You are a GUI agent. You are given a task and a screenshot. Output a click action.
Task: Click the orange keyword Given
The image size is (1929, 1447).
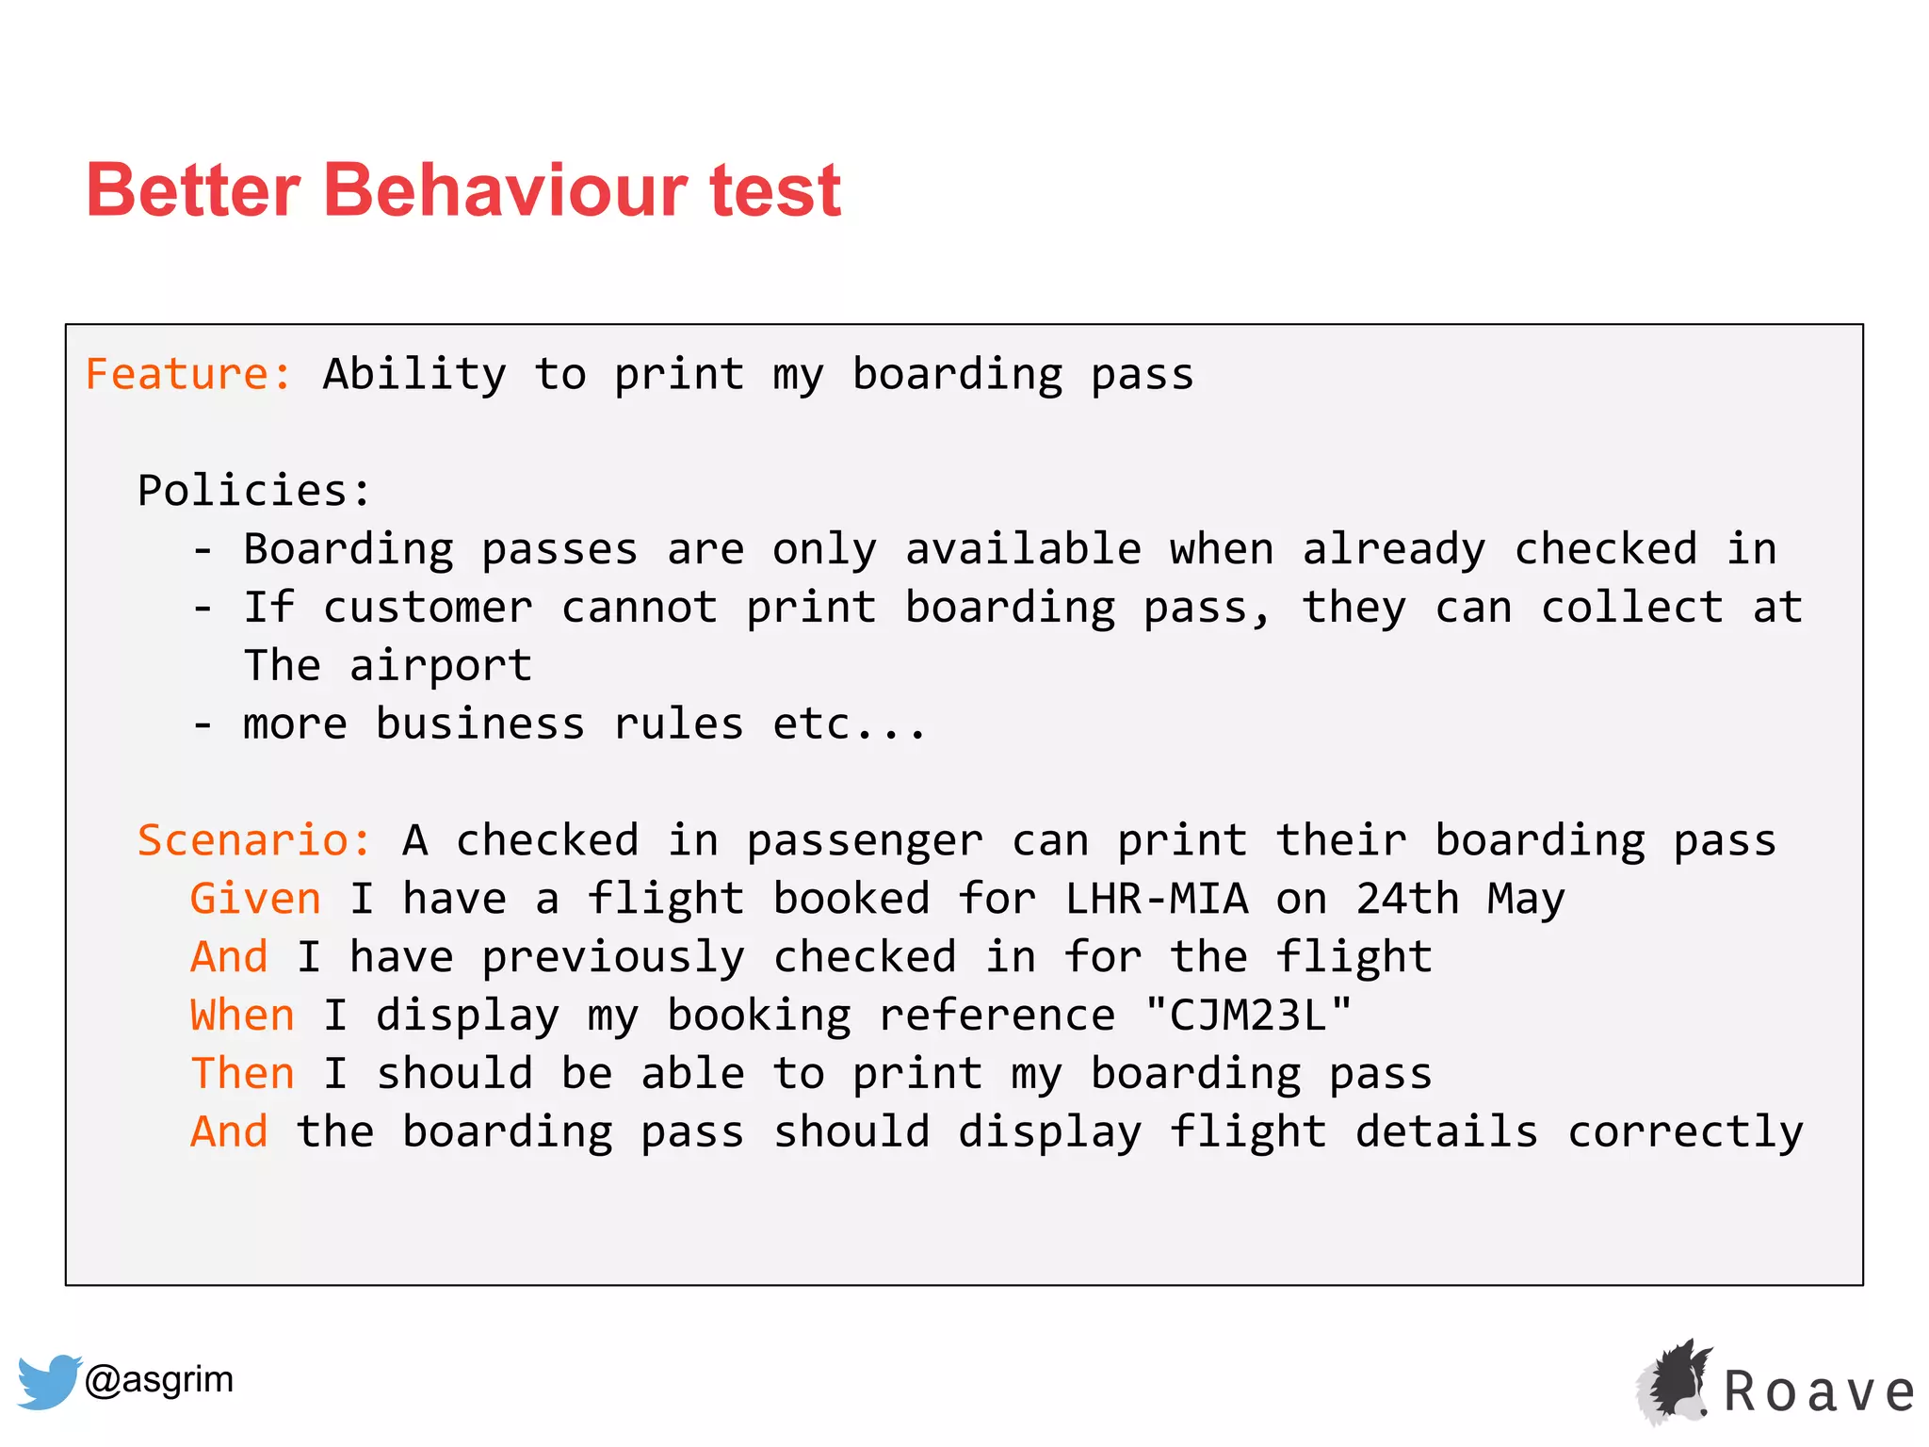(x=255, y=898)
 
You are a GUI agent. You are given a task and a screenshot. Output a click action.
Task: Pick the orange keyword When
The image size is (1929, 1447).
(x=242, y=1015)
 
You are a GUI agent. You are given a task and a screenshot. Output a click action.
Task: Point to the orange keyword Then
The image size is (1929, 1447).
(x=242, y=1073)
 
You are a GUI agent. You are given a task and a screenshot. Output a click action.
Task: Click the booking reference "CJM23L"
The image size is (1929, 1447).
(x=1248, y=1015)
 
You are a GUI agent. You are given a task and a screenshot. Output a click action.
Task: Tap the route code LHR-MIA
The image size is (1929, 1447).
(x=1157, y=898)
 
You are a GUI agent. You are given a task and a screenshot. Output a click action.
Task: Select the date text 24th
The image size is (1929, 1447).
(x=1407, y=898)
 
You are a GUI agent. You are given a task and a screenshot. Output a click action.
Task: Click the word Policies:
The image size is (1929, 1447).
(x=254, y=490)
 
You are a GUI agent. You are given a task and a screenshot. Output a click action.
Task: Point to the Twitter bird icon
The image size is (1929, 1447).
(x=48, y=1381)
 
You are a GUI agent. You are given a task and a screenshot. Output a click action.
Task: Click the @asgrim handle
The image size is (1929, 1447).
(x=158, y=1379)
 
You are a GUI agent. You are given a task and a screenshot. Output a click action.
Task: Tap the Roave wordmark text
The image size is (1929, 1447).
(x=1819, y=1392)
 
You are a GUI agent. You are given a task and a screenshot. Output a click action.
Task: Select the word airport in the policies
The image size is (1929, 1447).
(x=440, y=666)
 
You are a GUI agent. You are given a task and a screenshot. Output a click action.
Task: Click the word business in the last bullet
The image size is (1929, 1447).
(x=479, y=723)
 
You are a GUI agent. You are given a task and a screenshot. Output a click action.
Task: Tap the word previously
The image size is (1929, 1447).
(x=612, y=957)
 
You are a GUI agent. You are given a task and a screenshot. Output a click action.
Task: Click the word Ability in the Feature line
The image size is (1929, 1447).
(x=414, y=374)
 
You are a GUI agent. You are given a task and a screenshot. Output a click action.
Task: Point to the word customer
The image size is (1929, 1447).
(x=427, y=608)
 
